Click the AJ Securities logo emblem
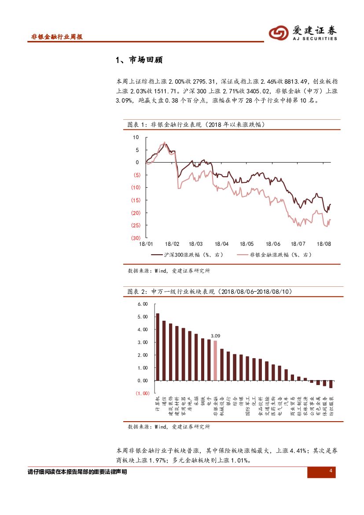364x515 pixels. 278,33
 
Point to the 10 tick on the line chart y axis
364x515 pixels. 136,137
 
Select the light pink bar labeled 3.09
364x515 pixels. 215,360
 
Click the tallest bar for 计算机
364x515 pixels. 158,347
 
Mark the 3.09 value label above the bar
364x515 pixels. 215,336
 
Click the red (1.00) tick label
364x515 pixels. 143,393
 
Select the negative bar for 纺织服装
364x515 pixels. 331,384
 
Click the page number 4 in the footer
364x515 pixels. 330,472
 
